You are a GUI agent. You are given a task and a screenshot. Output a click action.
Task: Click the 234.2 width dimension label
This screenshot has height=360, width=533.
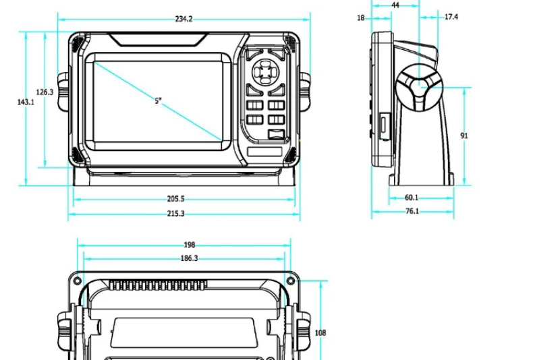point(184,19)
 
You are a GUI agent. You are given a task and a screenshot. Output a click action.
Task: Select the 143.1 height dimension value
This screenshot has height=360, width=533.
point(25,102)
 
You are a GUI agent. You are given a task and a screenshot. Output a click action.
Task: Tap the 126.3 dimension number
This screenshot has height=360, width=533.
point(45,92)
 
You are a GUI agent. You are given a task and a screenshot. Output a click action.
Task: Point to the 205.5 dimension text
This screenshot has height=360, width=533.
point(175,199)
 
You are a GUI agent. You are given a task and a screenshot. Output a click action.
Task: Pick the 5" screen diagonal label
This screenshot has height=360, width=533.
point(158,101)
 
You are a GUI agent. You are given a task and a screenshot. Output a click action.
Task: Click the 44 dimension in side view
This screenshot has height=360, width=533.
point(395,5)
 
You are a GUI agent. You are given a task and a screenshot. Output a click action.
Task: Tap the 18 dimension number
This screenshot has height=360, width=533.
point(361,18)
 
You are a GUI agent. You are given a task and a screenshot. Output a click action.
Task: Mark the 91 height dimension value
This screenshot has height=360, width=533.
point(464,136)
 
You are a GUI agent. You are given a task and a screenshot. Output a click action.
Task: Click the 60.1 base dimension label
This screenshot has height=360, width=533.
point(411,198)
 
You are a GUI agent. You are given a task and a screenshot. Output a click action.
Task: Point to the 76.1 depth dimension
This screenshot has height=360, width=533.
point(412,211)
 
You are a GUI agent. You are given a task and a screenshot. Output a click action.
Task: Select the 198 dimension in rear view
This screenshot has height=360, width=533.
point(190,245)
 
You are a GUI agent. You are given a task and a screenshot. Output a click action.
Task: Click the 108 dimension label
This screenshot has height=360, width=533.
point(321,332)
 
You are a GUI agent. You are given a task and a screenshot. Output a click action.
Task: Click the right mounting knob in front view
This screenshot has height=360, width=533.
point(304,92)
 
